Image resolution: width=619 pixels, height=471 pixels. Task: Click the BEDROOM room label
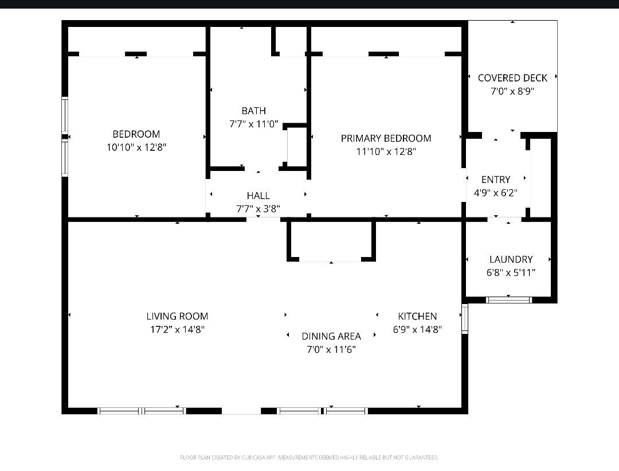[136, 134]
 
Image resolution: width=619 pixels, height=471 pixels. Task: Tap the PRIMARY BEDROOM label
[386, 138]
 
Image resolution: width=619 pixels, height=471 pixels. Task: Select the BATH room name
[253, 111]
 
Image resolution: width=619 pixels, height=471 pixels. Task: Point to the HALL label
[258, 196]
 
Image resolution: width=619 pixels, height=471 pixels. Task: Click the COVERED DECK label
[512, 78]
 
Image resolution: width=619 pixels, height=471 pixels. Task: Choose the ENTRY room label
[496, 180]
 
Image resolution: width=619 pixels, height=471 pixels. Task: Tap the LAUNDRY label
[511, 259]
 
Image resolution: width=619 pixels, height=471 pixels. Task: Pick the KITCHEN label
[417, 316]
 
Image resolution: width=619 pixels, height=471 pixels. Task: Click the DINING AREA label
[331, 336]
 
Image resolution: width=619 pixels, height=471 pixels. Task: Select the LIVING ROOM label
[177, 316]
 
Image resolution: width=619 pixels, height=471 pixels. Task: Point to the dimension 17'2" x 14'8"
[177, 329]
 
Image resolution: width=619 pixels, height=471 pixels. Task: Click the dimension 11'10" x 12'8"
[386, 151]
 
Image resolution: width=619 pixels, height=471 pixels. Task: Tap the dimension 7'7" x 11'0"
[254, 124]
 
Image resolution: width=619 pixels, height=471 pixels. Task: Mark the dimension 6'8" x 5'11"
[511, 273]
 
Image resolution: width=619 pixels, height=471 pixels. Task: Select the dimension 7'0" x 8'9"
[512, 91]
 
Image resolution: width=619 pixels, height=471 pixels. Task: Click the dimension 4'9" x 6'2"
[496, 193]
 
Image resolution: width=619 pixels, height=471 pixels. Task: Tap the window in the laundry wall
[509, 300]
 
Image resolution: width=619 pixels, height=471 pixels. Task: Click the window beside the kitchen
[465, 318]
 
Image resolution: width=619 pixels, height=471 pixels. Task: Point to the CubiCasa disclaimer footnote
[309, 458]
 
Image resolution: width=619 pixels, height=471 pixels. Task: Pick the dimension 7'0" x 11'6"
[331, 349]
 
